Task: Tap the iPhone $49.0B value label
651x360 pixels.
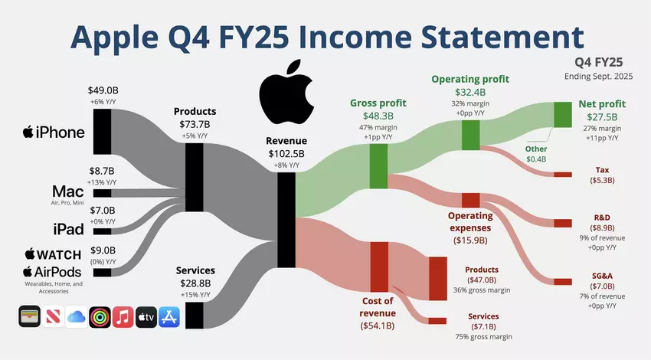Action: click(103, 90)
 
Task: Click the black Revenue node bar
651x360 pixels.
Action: click(286, 219)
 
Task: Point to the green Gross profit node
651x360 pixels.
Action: click(378, 162)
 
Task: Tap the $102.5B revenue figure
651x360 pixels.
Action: click(286, 153)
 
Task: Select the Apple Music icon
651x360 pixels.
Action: click(123, 317)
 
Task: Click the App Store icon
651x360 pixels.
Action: click(170, 317)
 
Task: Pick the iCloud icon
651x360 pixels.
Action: click(76, 317)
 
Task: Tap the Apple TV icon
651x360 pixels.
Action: click(146, 317)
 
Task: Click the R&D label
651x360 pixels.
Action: click(602, 218)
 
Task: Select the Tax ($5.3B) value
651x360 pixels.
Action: click(602, 181)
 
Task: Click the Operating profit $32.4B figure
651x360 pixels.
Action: click(470, 93)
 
